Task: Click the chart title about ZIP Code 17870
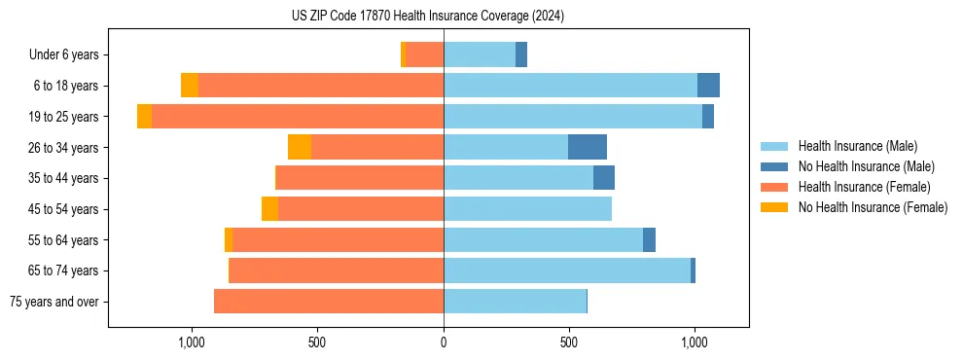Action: pyautogui.click(x=427, y=17)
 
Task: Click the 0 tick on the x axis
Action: pyautogui.click(x=444, y=342)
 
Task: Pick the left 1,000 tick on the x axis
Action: pyautogui.click(x=191, y=342)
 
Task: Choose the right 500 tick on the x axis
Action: pyautogui.click(x=569, y=342)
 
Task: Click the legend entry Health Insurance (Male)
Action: pyautogui.click(x=857, y=146)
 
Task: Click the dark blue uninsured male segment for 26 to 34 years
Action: pyautogui.click(x=588, y=147)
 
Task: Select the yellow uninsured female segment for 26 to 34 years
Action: pyautogui.click(x=300, y=147)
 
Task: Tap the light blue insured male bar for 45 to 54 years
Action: pyautogui.click(x=527, y=209)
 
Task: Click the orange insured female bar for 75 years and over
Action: pyautogui.click(x=329, y=302)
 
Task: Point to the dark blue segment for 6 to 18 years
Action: pyautogui.click(x=708, y=86)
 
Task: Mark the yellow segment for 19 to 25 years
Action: pyautogui.click(x=144, y=117)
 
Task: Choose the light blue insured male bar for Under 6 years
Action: pyautogui.click(x=480, y=55)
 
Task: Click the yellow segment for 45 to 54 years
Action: pyautogui.click(x=269, y=209)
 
